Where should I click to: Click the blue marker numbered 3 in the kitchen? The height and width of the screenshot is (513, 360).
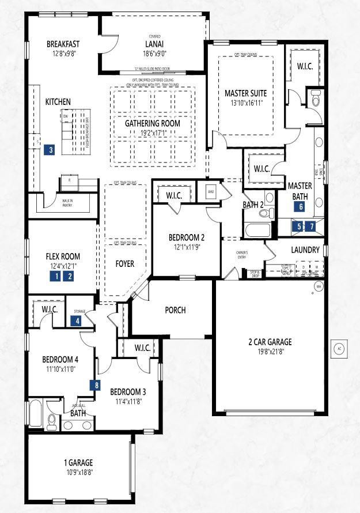51,150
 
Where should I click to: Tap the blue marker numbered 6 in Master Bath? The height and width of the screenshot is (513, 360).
301,206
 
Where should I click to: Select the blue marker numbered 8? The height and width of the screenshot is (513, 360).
97,385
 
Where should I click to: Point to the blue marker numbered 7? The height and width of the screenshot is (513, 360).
311,227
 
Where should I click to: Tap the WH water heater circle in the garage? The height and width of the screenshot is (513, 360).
317,286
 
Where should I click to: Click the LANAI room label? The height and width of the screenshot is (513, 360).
154,44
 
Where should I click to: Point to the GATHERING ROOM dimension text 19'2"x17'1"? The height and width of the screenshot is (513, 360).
153,133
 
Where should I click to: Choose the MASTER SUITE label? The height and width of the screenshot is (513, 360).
245,93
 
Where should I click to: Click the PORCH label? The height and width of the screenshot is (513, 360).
175,310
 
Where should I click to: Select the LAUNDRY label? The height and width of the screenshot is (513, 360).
305,250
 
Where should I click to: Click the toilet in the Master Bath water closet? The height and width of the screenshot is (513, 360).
315,100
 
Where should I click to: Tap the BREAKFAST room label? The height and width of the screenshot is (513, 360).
63,44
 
